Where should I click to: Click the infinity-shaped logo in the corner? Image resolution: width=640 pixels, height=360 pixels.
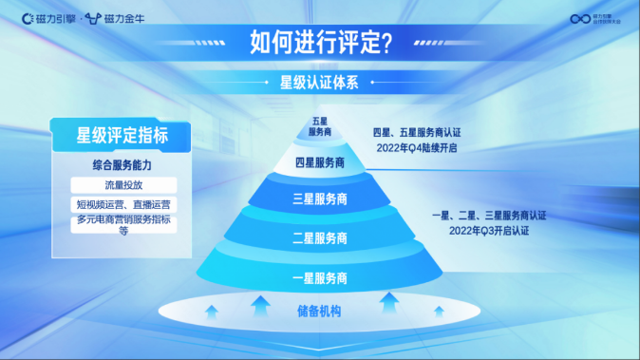pyautogui.click(x=580, y=18)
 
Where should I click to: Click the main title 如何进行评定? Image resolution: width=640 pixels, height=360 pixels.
pyautogui.click(x=320, y=42)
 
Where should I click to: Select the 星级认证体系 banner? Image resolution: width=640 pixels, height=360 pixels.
pyautogui.click(x=319, y=82)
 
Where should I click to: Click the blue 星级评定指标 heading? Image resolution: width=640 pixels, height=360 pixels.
pyautogui.click(x=122, y=135)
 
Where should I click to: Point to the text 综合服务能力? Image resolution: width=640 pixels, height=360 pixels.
pyautogui.click(x=122, y=164)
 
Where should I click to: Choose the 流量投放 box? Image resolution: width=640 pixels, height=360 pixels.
pyautogui.click(x=122, y=184)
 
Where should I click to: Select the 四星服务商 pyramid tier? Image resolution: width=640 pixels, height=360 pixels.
pyautogui.click(x=319, y=162)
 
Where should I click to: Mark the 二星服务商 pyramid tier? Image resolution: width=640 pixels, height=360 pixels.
pyautogui.click(x=319, y=237)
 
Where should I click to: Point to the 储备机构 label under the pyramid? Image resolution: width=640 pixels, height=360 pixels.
pyautogui.click(x=319, y=312)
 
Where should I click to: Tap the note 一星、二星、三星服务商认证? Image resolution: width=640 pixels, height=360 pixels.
pyautogui.click(x=488, y=216)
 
